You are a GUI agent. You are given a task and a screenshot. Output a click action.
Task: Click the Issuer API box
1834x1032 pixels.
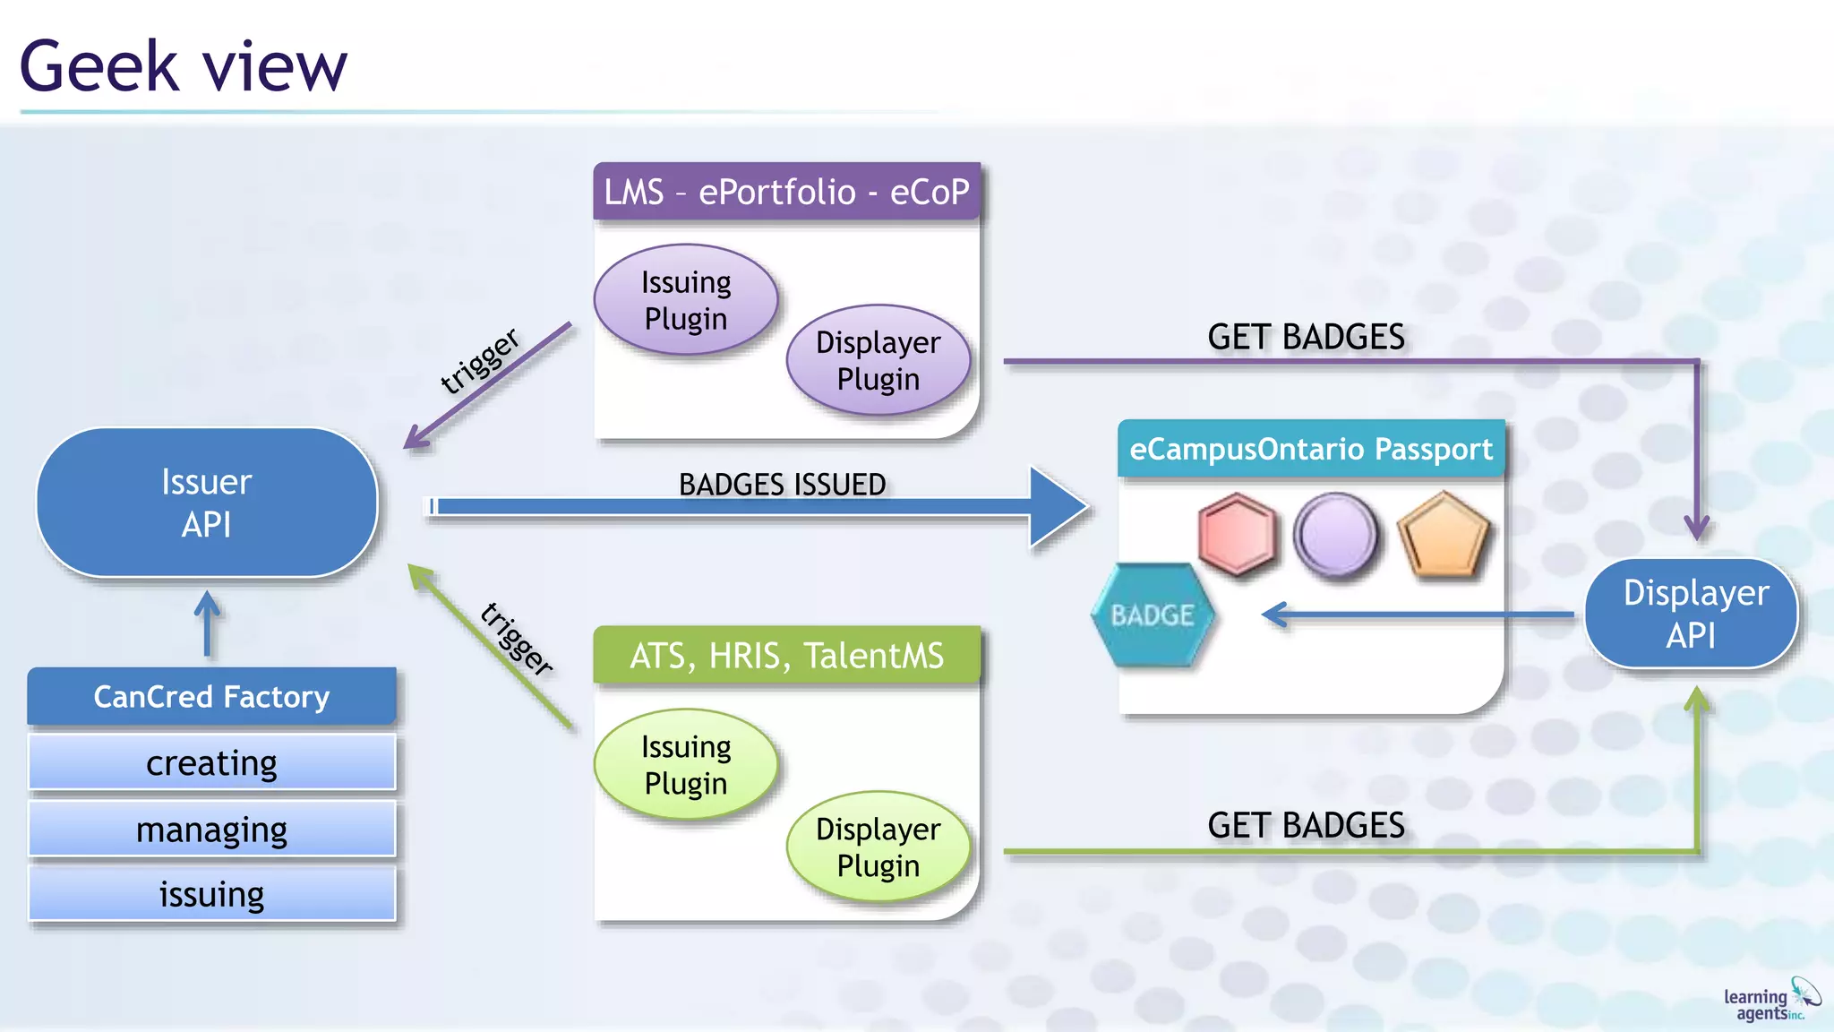click(207, 503)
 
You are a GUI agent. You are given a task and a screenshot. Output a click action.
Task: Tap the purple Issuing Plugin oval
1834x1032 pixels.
click(686, 300)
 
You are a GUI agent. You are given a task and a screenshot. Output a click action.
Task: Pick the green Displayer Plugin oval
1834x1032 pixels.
click(878, 847)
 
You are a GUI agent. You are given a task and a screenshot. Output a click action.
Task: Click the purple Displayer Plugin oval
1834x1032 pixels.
click(878, 360)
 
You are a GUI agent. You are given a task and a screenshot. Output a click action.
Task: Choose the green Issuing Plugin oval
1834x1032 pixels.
click(686, 765)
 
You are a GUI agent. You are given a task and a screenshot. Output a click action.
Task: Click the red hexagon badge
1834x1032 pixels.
click(1237, 534)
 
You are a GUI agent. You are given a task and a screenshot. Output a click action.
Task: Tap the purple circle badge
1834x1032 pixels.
click(1336, 535)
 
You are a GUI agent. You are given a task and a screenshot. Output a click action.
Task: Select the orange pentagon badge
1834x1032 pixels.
click(1444, 536)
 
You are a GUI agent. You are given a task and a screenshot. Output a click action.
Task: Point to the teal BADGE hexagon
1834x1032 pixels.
click(1153, 615)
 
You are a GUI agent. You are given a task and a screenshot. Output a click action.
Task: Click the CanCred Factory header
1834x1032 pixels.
click(211, 696)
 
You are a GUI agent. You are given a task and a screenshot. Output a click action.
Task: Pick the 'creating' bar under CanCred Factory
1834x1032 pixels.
click(211, 763)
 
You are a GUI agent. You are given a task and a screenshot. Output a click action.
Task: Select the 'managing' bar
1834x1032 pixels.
click(211, 830)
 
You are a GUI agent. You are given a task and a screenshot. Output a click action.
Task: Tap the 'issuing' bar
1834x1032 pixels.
click(211, 894)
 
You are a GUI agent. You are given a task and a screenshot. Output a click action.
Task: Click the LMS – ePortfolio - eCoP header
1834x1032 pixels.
click(786, 192)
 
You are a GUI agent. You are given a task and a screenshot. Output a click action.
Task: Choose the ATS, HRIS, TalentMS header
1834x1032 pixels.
click(786, 656)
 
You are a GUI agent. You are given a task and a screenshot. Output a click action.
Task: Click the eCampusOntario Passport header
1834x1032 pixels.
click(1311, 449)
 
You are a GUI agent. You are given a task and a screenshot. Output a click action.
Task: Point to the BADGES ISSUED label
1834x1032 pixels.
click(782, 485)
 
